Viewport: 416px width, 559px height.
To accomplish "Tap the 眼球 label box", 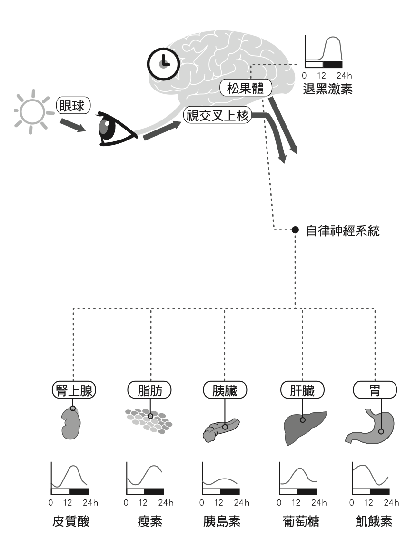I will click(x=73, y=106).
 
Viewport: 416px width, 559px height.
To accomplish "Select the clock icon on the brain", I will click(x=163, y=62).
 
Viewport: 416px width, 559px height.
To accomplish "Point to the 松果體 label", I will click(x=246, y=89).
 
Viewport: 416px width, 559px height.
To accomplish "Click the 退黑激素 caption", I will click(x=327, y=89).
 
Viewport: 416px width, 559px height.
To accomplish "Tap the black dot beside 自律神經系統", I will click(x=295, y=230).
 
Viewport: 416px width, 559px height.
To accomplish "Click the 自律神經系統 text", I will click(x=343, y=231).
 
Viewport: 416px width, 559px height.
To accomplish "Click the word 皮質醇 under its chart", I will click(x=70, y=522).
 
